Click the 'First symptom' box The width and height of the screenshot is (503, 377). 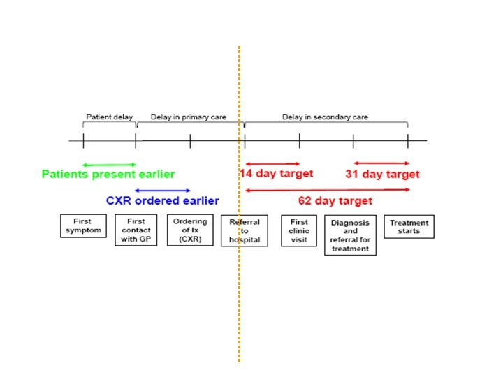82,227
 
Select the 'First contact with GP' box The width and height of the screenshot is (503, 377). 136,230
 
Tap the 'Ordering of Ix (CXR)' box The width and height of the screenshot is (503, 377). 190,230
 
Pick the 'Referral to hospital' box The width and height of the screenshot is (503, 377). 245,230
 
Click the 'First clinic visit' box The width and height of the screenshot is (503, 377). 299,230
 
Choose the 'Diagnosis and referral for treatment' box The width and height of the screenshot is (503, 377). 351,235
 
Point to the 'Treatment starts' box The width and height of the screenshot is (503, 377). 409,227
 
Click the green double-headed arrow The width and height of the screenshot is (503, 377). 109,164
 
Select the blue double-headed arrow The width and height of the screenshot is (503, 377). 163,190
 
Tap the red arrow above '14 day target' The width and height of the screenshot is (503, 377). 272,164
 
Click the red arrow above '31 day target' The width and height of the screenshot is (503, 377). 381,164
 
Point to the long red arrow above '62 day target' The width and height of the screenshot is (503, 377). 326,190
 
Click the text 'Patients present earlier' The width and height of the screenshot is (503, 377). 108,174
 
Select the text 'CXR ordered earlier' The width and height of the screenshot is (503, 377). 162,200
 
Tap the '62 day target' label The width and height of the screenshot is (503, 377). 335,200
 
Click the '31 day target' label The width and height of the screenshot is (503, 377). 382,174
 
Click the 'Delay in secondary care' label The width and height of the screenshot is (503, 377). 325,117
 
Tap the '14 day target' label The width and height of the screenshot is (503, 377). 277,174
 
